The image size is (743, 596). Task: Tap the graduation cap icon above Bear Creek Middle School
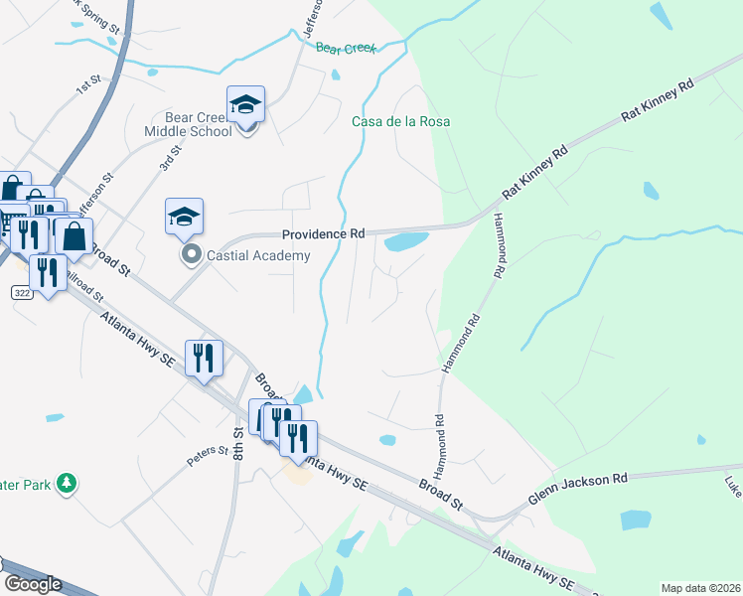click(245, 103)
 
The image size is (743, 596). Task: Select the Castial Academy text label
click(258, 255)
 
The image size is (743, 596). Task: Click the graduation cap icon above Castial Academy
click(184, 217)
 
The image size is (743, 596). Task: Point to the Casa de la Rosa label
click(401, 121)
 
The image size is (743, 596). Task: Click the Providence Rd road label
click(323, 234)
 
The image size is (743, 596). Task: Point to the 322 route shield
click(22, 293)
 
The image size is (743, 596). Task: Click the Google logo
click(33, 584)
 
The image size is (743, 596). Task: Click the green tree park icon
click(67, 483)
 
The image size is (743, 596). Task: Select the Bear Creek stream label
click(346, 48)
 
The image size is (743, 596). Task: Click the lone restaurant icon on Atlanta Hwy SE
click(205, 360)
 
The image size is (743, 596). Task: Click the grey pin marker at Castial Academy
click(191, 255)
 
